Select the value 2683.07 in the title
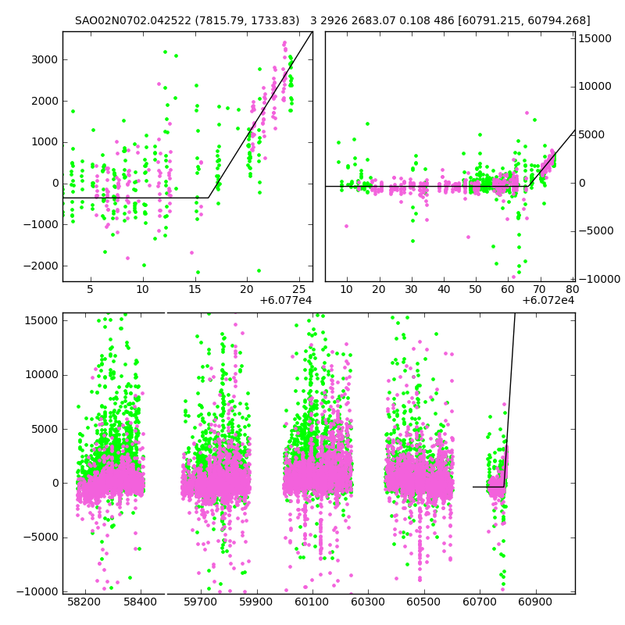point(378,21)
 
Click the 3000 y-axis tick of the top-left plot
point(44,59)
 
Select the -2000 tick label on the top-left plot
point(41,266)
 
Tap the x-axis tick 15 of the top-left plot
point(195,290)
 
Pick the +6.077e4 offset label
point(286,300)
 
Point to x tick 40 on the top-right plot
point(444,290)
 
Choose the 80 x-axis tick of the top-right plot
point(571,290)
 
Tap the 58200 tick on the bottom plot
point(84,602)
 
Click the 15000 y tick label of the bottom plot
point(41,320)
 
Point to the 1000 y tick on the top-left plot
point(44,142)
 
